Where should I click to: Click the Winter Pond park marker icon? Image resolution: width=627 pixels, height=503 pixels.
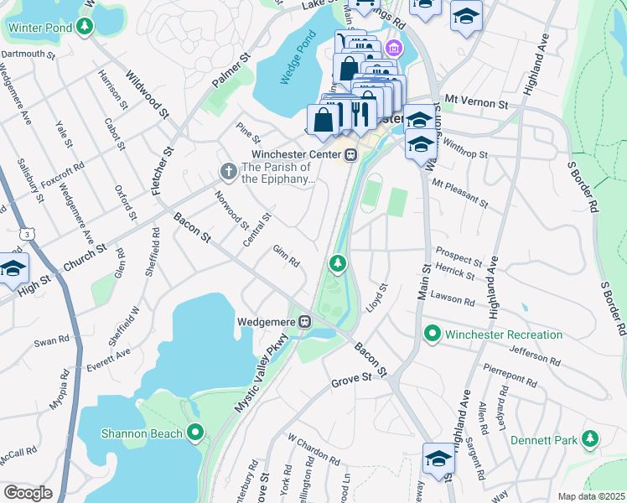pos(84,27)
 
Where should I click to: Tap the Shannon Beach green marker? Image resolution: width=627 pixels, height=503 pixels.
pos(195,433)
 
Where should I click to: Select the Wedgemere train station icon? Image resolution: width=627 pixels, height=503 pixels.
pos(307,320)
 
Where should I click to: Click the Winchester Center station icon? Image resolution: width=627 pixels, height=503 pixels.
pos(350,154)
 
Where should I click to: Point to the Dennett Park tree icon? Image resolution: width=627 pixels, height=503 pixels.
pos(590,438)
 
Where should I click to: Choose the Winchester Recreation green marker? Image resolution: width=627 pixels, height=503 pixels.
pos(433,334)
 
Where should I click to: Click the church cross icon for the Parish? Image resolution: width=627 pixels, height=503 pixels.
pos(228,171)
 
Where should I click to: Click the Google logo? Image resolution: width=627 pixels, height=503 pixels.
pos(28,493)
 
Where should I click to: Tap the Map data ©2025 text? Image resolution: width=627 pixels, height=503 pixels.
pos(590,496)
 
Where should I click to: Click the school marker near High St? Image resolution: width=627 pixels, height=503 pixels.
pos(13,268)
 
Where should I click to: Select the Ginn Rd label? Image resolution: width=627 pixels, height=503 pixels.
pos(286,256)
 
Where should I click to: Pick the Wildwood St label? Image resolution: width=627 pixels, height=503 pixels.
pos(148,93)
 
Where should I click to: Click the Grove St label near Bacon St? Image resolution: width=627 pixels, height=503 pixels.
pos(350,379)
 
